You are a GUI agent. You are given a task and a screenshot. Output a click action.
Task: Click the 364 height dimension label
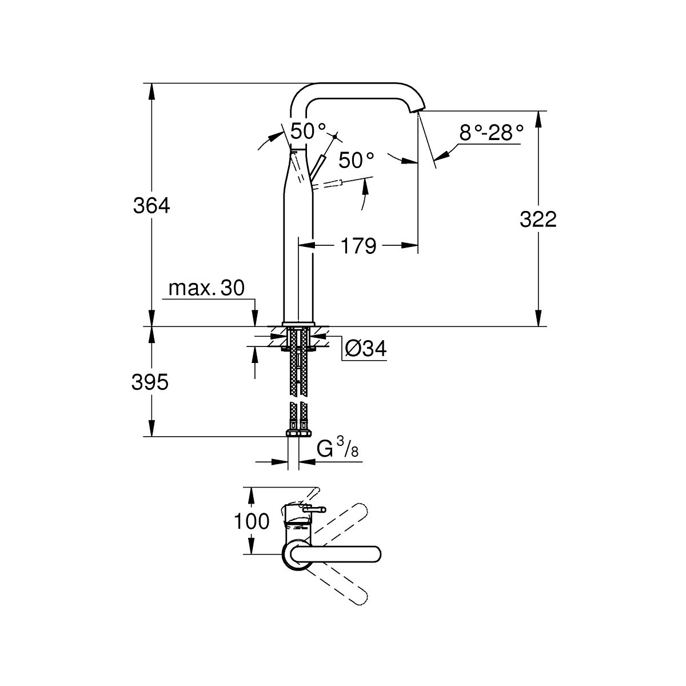[x=151, y=205]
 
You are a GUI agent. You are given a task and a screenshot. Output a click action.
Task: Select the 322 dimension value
[x=538, y=218]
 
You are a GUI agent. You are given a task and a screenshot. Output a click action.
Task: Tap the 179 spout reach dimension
[x=358, y=246]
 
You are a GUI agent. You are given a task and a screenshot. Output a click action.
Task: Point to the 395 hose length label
[x=151, y=382]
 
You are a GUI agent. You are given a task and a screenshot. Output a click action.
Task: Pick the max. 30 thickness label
[x=206, y=288]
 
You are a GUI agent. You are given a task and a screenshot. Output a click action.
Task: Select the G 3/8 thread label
[x=337, y=450]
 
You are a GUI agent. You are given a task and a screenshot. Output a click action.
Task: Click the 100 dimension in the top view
[x=252, y=521]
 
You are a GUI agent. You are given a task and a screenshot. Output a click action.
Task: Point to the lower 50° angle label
[x=356, y=160]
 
